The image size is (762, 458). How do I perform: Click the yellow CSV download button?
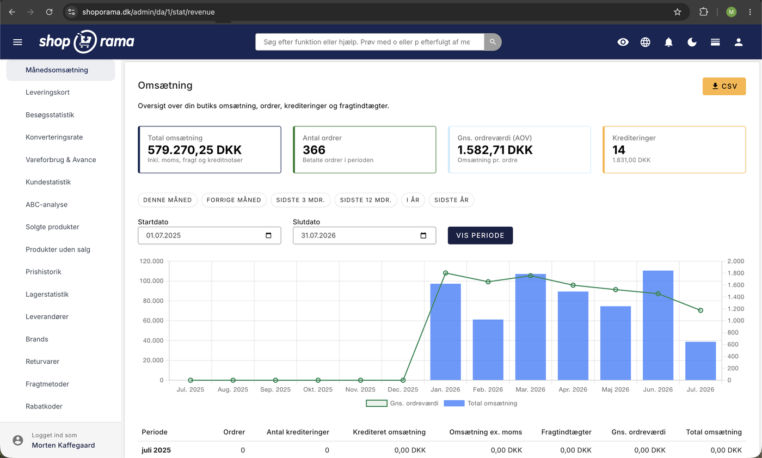[724, 86]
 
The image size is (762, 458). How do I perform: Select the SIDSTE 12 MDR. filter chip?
[366, 200]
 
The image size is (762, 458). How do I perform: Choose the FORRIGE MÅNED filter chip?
[233, 200]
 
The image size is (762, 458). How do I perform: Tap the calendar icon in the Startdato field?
[268, 235]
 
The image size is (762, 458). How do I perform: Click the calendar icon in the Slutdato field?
[423, 235]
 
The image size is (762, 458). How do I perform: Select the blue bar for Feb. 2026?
[488, 350]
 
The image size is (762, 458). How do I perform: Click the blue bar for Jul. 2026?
[700, 361]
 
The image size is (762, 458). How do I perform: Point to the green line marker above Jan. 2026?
[445, 273]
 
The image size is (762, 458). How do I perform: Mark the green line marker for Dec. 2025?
[403, 380]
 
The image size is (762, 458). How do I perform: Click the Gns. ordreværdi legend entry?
[402, 403]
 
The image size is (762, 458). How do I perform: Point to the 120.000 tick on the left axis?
[151, 261]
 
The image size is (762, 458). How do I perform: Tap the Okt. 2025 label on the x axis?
[318, 389]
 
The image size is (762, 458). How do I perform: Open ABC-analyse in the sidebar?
[47, 205]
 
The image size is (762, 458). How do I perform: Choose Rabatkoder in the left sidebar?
[44, 406]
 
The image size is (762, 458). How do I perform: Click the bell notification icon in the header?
[668, 42]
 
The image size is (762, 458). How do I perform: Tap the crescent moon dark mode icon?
[692, 42]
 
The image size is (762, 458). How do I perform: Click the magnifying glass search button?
[493, 42]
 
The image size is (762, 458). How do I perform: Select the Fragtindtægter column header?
[566, 432]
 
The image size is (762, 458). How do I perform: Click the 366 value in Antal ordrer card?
[314, 150]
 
